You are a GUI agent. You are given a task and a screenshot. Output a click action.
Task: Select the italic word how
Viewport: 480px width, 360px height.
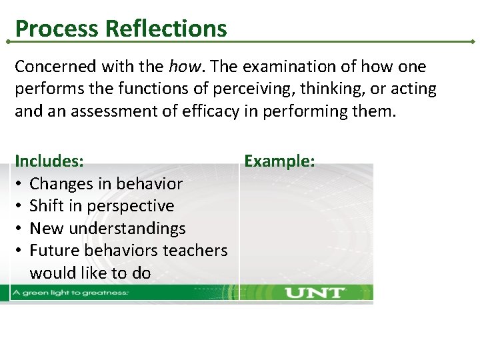[183, 67]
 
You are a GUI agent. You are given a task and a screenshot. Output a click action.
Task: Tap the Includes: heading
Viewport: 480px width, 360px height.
[49, 161]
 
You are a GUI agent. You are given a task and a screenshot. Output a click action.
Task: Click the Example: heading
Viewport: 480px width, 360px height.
[279, 161]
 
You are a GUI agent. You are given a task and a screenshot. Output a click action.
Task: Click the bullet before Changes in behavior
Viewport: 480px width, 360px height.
[20, 184]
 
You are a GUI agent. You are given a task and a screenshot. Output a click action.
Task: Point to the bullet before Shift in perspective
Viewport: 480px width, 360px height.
[20, 206]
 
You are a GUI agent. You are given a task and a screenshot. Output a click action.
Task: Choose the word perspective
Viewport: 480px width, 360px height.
[134, 206]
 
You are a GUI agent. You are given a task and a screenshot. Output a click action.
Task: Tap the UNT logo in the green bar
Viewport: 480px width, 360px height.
[314, 293]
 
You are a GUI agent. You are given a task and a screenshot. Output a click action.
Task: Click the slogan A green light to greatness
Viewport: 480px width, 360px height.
[79, 293]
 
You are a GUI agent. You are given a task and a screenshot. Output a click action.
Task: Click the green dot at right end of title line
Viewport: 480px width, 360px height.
[473, 41]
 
